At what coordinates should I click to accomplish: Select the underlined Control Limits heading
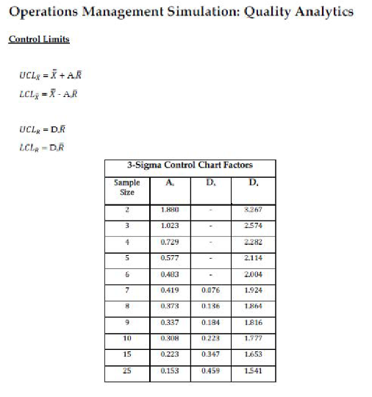pos(39,39)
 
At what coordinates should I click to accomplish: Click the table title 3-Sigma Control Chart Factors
pos(190,165)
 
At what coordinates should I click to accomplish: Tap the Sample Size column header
pos(127,187)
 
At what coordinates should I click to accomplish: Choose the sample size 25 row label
pos(126,371)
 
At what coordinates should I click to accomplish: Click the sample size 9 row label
pos(126,323)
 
